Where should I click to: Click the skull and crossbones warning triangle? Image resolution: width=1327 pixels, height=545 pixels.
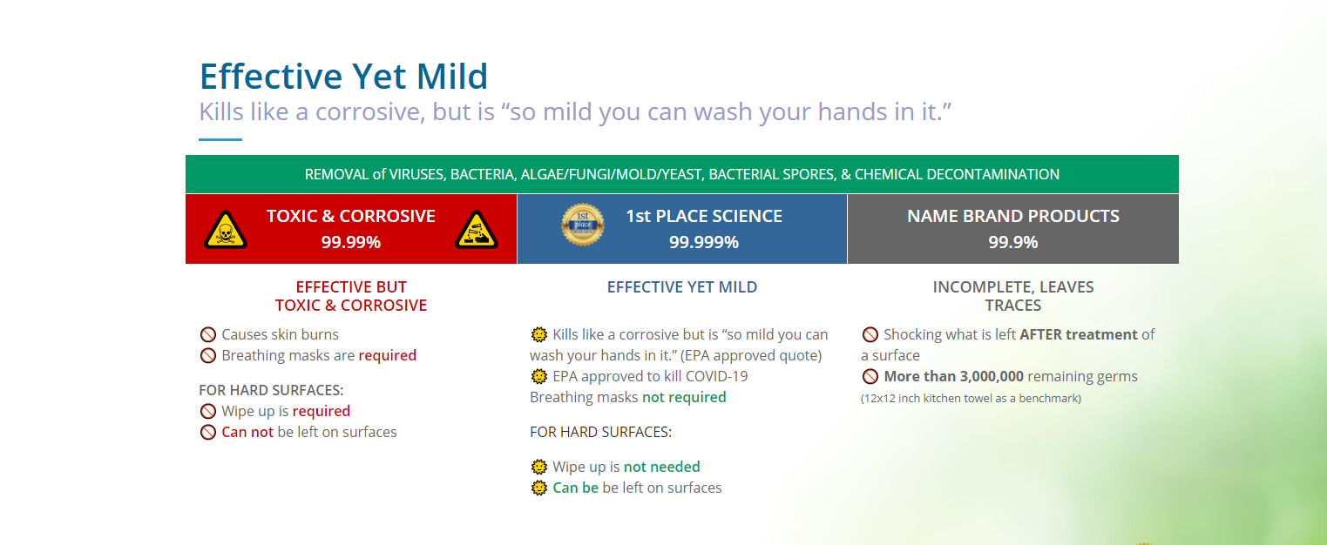click(225, 230)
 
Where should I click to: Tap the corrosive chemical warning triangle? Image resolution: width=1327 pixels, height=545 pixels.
click(477, 230)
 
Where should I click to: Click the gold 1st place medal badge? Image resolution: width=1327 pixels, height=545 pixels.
click(583, 225)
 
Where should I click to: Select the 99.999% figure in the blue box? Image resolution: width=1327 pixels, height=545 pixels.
click(704, 242)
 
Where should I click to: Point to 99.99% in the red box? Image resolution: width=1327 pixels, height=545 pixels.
click(351, 242)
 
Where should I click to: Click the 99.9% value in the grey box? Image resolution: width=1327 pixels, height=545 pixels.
click(1013, 242)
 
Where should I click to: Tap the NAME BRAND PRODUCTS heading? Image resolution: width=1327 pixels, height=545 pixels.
click(1013, 216)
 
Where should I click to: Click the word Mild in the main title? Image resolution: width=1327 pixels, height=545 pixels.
click(452, 77)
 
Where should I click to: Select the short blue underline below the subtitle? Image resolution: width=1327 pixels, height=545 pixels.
click(220, 139)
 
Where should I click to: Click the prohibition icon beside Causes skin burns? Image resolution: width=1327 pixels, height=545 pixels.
click(208, 335)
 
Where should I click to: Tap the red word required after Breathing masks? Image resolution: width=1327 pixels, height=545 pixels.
click(388, 355)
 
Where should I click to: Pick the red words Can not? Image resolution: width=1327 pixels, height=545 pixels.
click(247, 432)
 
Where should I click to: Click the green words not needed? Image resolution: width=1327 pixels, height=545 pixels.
click(661, 467)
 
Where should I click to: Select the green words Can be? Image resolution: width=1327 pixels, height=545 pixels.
click(575, 488)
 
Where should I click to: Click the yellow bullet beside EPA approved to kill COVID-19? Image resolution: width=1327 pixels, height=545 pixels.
click(539, 376)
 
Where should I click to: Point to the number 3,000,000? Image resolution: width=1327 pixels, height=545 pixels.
click(992, 376)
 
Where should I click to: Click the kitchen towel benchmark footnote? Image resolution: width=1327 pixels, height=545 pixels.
click(971, 398)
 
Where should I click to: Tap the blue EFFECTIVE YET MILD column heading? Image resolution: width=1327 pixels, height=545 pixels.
click(682, 287)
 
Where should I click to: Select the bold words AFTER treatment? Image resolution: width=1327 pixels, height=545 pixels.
click(1079, 334)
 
